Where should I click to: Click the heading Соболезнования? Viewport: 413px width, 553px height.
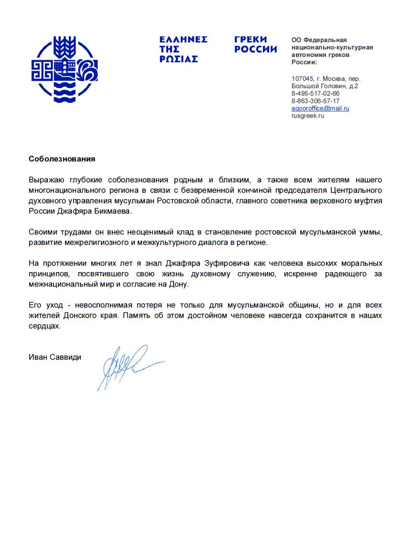[62, 159]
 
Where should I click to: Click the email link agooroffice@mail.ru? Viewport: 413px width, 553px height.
[320, 109]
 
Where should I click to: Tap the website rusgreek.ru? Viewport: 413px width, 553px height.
[308, 116]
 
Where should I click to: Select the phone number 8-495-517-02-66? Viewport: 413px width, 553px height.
[315, 94]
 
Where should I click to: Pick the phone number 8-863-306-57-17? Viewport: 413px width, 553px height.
[315, 101]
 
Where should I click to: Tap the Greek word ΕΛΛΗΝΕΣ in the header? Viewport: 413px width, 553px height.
[184, 40]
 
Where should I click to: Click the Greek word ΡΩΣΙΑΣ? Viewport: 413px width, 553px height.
[179, 59]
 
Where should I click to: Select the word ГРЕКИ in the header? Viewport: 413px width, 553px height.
[251, 40]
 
